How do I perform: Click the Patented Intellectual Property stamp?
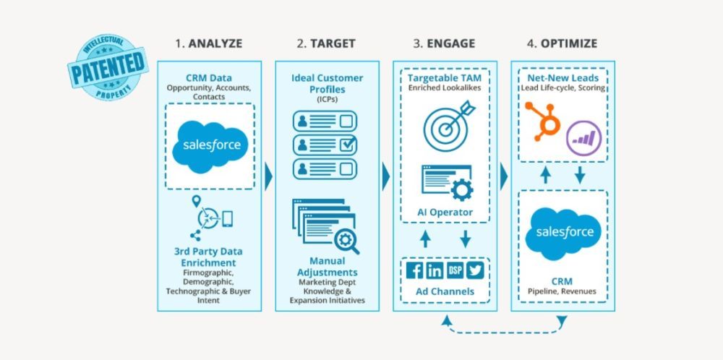coord(106,65)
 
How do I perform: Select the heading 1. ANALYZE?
coord(208,43)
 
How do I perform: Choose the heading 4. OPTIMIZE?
coord(562,43)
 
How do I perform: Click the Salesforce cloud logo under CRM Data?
coord(209,145)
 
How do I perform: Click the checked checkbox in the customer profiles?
coord(348,145)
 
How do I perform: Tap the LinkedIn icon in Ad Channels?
coord(435,270)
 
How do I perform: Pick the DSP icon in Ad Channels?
coord(455,270)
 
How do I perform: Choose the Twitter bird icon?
coord(474,270)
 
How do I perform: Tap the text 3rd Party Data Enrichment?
coord(209,257)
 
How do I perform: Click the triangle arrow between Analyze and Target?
coord(268,176)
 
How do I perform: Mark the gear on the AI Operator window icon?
coord(461,189)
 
